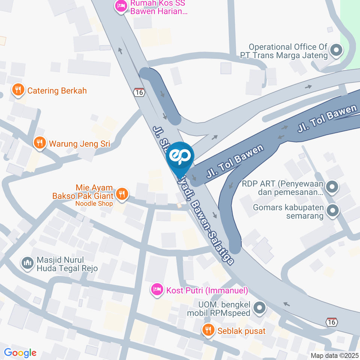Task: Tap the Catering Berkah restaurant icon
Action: tap(17, 90)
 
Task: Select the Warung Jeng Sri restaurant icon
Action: tap(39, 142)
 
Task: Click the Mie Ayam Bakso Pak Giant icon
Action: tap(121, 193)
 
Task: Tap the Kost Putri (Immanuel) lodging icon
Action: tap(157, 289)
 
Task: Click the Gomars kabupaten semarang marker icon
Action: tap(332, 211)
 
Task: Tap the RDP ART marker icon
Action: tap(332, 186)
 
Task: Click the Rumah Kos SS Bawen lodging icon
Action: tap(121, 6)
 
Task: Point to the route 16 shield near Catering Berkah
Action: tap(139, 92)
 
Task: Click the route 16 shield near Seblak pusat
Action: tap(332, 322)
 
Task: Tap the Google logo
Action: tap(20, 352)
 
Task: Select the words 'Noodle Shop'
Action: tap(94, 204)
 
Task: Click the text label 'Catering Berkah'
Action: tap(57, 91)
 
